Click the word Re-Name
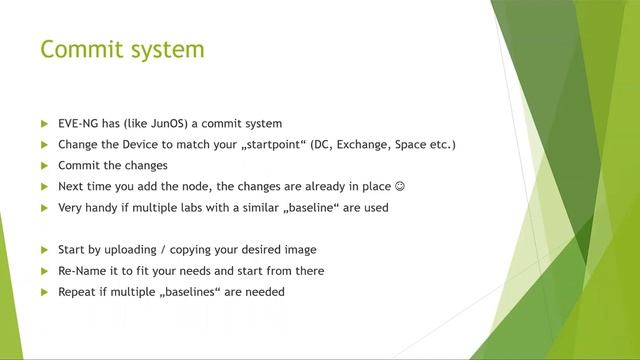83,270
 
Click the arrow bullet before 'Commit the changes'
44,166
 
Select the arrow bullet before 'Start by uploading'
44,249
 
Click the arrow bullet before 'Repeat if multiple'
44,291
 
